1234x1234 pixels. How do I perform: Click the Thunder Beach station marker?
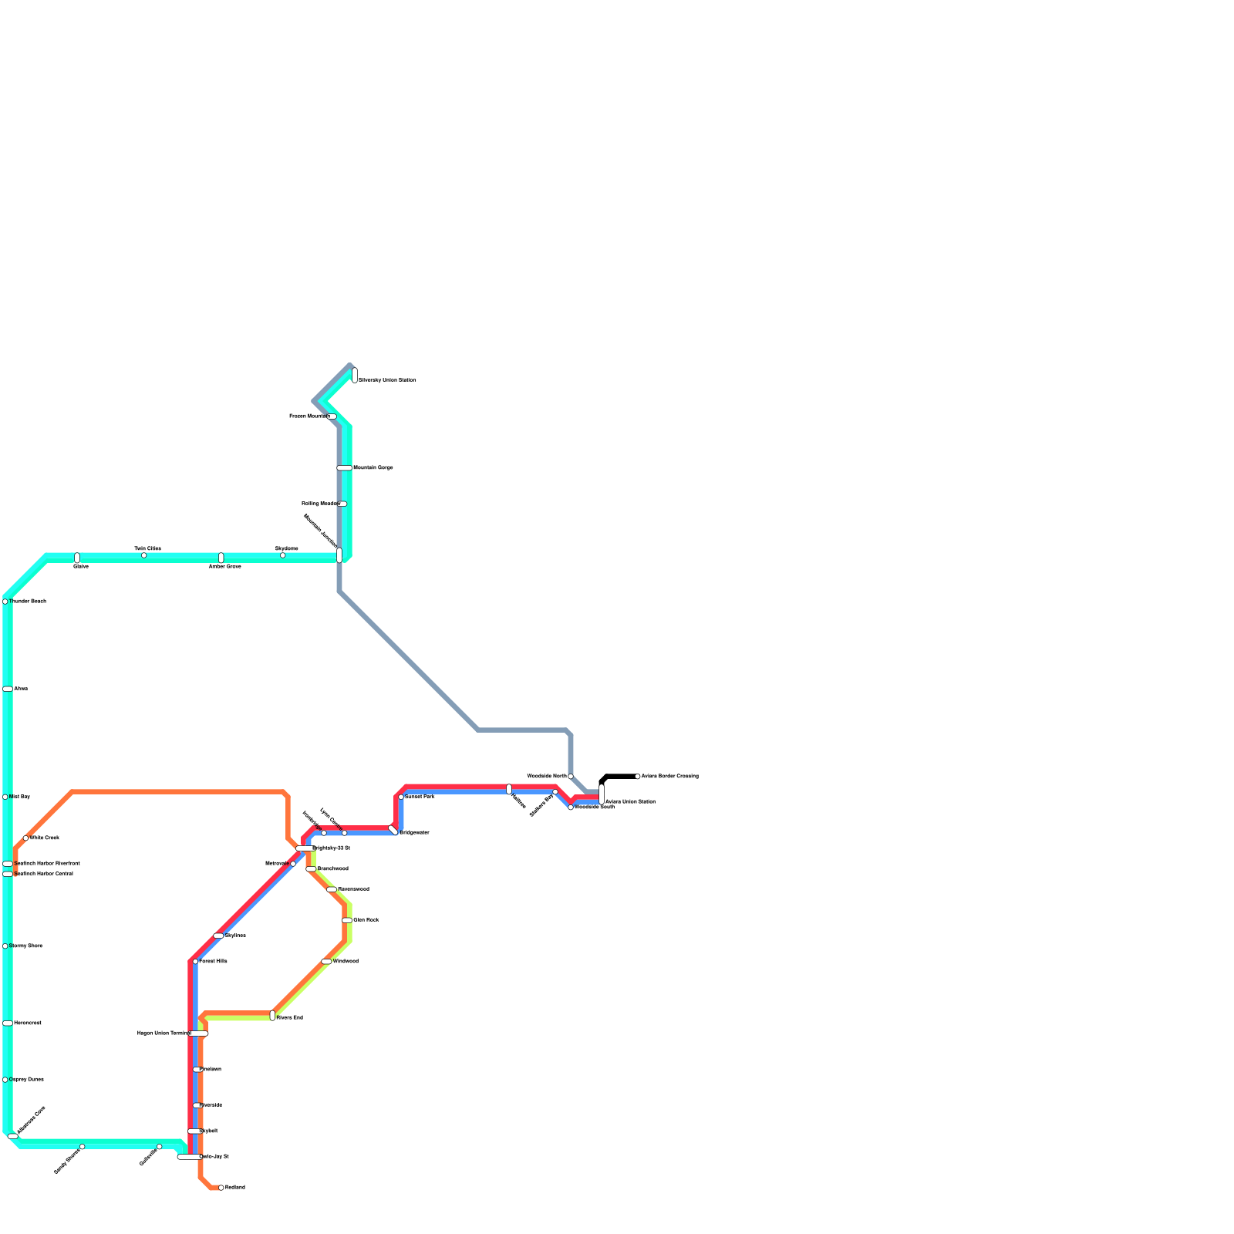[5, 602]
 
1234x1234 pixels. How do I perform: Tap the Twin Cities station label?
[147, 548]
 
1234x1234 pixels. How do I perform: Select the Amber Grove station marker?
[221, 558]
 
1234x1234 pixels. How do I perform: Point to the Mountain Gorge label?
[373, 467]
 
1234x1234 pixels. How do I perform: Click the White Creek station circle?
[25, 838]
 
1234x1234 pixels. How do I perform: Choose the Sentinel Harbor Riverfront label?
[47, 863]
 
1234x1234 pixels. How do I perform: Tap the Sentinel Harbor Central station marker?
[8, 874]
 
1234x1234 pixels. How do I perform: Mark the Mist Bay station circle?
[5, 797]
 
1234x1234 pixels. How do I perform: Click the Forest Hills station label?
[213, 962]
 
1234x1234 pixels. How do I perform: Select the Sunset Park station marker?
[401, 797]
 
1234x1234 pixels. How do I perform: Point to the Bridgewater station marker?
[393, 830]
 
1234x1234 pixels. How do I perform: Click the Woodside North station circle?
[571, 776]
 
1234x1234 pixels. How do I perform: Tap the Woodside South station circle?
[571, 807]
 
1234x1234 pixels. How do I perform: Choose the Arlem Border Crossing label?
[669, 776]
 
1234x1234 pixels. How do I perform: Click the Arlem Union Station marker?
[602, 794]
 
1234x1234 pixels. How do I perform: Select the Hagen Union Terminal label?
[163, 1033]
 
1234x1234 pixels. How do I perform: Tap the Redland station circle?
[221, 1188]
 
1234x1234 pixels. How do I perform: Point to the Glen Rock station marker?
[347, 920]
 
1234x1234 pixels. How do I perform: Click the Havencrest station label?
[28, 1023]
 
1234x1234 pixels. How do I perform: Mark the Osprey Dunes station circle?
[5, 1080]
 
